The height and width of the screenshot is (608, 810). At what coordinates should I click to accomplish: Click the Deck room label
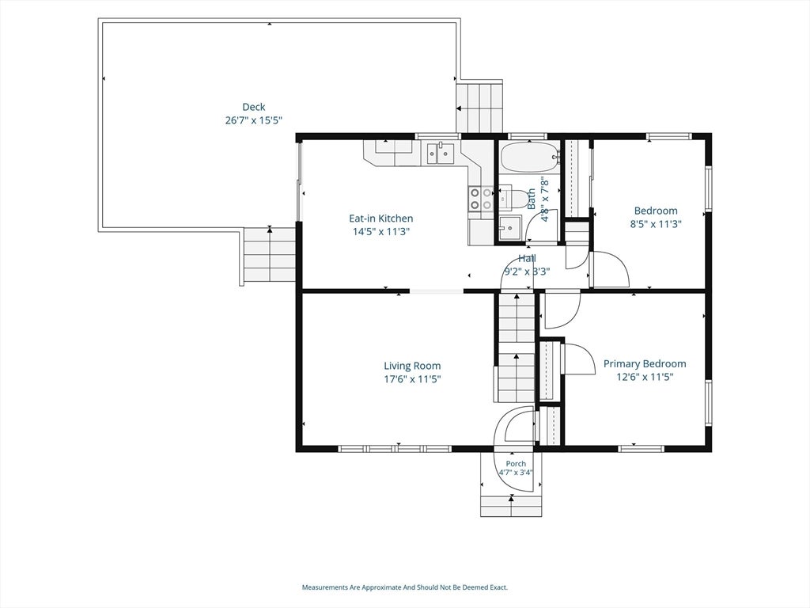tap(254, 107)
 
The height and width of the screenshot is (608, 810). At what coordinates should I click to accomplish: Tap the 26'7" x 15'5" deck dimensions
tap(254, 120)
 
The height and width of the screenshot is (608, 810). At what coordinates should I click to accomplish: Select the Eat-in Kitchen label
tap(381, 218)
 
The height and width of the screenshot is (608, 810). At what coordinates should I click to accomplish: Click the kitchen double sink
tap(440, 153)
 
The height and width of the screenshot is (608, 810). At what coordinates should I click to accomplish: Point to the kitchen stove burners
tap(480, 199)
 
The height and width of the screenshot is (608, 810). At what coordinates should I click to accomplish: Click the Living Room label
tap(412, 366)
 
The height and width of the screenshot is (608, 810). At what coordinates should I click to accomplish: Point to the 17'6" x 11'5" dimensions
tap(412, 379)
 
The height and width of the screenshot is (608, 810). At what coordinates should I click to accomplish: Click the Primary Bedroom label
tap(645, 364)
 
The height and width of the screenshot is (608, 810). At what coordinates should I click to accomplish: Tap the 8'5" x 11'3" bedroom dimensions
tap(656, 224)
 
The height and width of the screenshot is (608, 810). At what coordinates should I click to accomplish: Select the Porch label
tap(516, 464)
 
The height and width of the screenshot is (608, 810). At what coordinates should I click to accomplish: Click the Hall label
tap(527, 259)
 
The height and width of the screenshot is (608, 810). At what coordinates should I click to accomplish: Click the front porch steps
tap(512, 506)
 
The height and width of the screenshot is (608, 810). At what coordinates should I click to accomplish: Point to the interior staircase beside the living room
tap(517, 347)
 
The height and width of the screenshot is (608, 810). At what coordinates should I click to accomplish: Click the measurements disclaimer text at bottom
tap(405, 587)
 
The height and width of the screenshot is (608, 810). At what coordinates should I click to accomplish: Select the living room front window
tap(396, 449)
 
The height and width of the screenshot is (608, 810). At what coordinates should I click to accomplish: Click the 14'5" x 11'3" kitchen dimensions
tap(381, 232)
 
